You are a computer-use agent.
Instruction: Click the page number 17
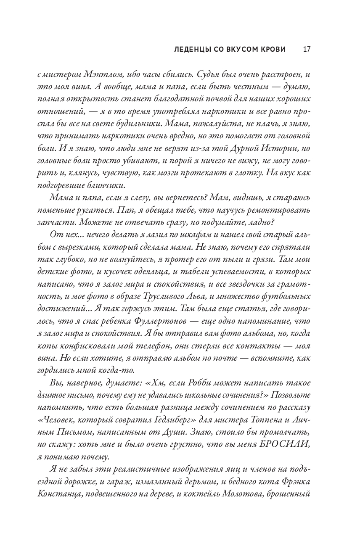[307, 49]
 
